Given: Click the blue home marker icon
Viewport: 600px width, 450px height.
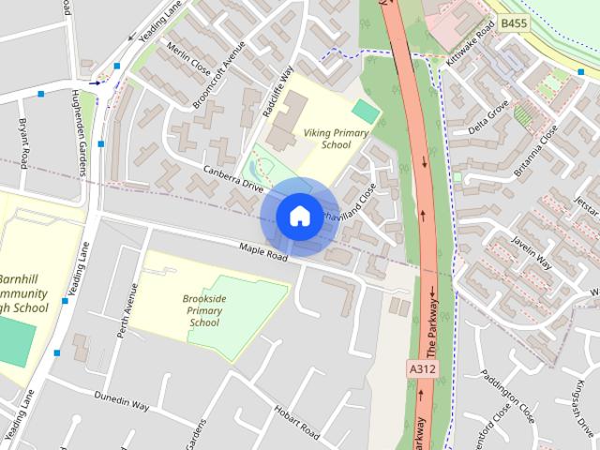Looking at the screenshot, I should click(x=298, y=216).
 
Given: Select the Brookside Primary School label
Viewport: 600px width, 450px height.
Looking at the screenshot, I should click(x=203, y=310).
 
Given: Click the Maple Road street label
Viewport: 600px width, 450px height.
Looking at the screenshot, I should click(x=262, y=254).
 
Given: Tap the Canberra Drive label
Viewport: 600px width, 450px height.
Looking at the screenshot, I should click(x=233, y=177).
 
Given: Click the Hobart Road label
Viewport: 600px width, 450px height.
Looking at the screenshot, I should click(x=298, y=422).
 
